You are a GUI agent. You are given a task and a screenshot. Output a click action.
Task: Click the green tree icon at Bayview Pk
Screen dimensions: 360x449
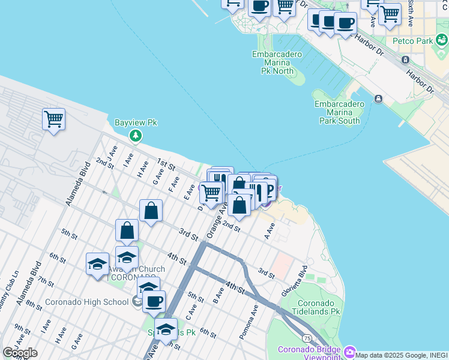tap(136, 136)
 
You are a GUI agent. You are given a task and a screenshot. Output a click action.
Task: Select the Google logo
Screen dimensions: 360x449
tap(20, 353)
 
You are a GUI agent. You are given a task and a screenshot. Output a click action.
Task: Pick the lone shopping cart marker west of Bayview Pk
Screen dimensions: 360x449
tap(53, 119)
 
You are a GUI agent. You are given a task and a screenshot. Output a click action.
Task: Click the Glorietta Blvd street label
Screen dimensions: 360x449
tap(294, 281)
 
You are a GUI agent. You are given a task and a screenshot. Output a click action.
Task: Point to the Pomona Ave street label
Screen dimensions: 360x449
tap(248, 325)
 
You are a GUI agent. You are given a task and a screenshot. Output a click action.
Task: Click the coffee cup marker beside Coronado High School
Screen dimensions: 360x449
tap(154, 301)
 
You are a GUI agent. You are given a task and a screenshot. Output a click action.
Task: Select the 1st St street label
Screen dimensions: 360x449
tap(166, 164)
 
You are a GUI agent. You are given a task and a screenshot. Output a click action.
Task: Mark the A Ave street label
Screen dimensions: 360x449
tap(270, 229)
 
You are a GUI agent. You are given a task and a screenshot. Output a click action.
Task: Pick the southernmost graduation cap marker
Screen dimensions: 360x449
tap(166, 329)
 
